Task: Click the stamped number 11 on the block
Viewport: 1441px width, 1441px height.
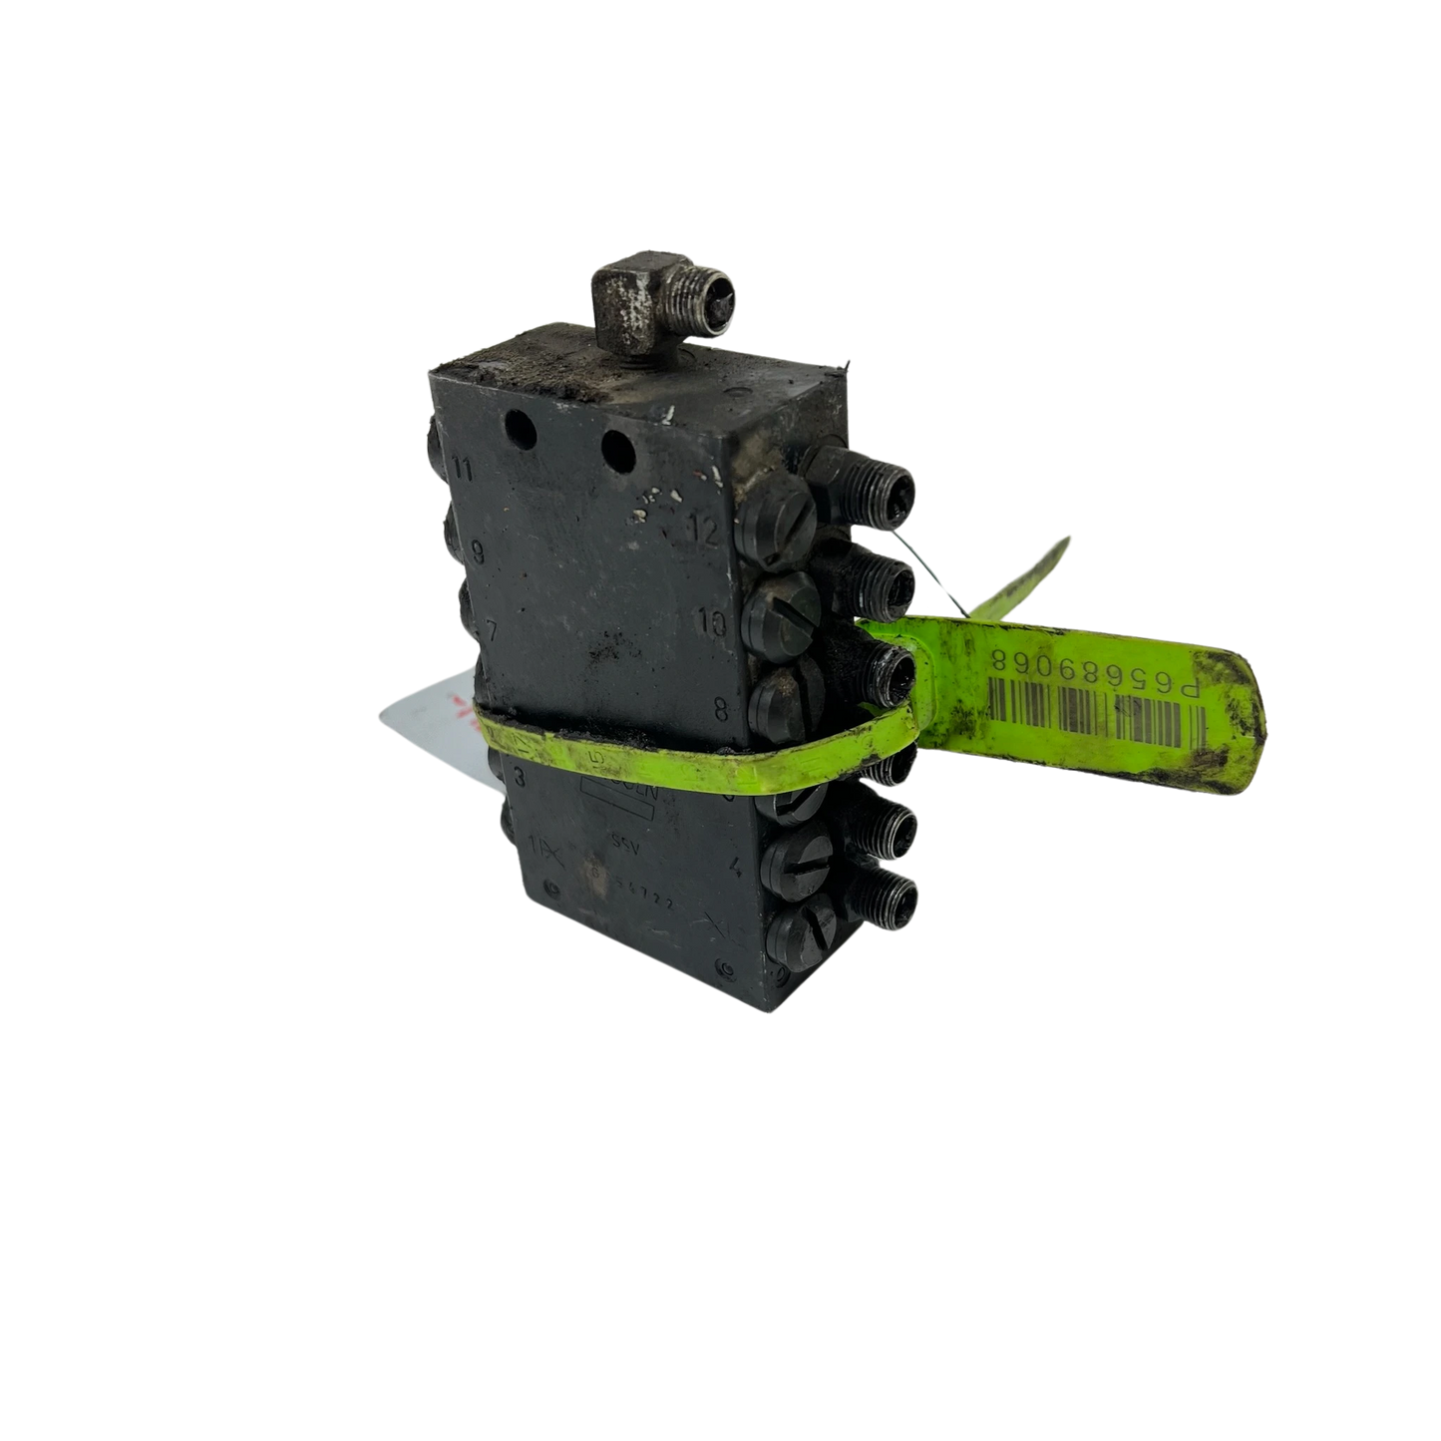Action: pos(462,466)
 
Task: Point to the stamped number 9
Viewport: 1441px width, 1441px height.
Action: pos(477,549)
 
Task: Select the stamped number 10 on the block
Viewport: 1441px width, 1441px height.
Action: pos(712,625)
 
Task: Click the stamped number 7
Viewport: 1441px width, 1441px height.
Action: pos(490,631)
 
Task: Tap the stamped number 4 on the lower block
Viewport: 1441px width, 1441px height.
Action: pos(734,866)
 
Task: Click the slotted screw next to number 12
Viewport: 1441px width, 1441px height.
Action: pos(780,519)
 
